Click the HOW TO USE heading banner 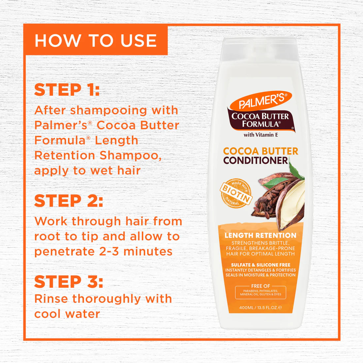point(95,40)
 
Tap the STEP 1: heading point(67,90)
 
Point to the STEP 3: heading point(68,282)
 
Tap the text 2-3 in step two point(112,251)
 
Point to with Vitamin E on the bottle point(261,135)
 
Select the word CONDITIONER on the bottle point(256,161)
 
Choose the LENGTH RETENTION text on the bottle point(260,235)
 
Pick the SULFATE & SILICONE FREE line point(260,265)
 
